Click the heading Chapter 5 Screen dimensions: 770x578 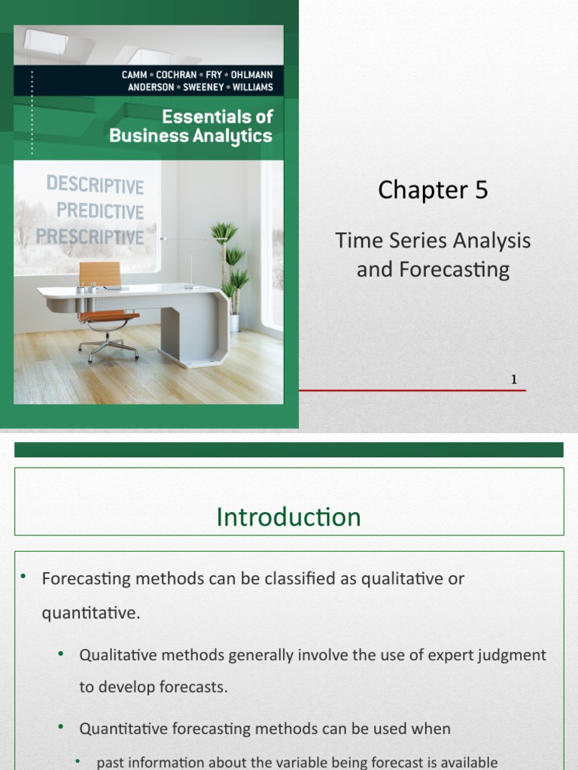[433, 190]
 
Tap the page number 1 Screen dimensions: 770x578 [514, 380]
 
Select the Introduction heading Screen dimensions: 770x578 [288, 517]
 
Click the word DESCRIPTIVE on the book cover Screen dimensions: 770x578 [94, 184]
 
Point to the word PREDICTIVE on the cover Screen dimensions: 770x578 [100, 211]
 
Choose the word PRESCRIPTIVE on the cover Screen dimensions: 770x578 [90, 237]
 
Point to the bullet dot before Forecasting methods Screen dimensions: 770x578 [23, 577]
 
